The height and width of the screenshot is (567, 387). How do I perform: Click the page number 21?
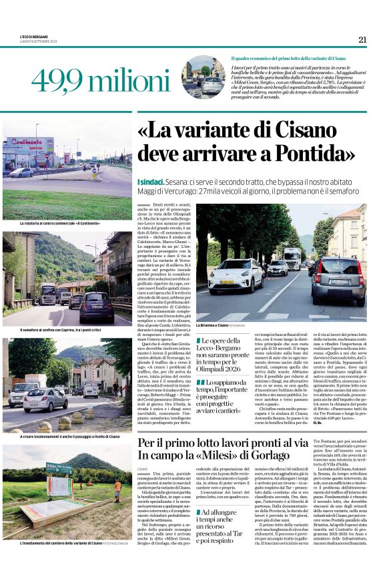(362, 39)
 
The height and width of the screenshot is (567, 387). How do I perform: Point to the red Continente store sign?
(30, 143)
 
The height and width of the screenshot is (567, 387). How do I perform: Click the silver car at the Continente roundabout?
(21, 172)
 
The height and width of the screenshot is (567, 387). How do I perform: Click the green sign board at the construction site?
(59, 470)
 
